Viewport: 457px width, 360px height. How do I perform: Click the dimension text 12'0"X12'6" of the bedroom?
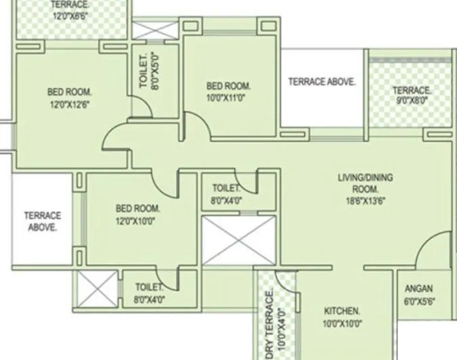pyautogui.click(x=69, y=104)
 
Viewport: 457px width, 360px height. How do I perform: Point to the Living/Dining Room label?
pyautogui.click(x=365, y=183)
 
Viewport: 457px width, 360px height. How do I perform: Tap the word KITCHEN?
pyautogui.click(x=341, y=311)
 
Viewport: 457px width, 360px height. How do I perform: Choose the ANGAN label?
pyautogui.click(x=419, y=288)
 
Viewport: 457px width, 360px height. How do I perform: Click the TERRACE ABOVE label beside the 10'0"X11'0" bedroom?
pyautogui.click(x=322, y=82)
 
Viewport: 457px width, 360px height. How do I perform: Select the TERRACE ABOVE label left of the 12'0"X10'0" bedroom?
pyautogui.click(x=43, y=221)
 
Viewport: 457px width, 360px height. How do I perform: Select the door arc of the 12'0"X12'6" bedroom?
pyautogui.click(x=113, y=144)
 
